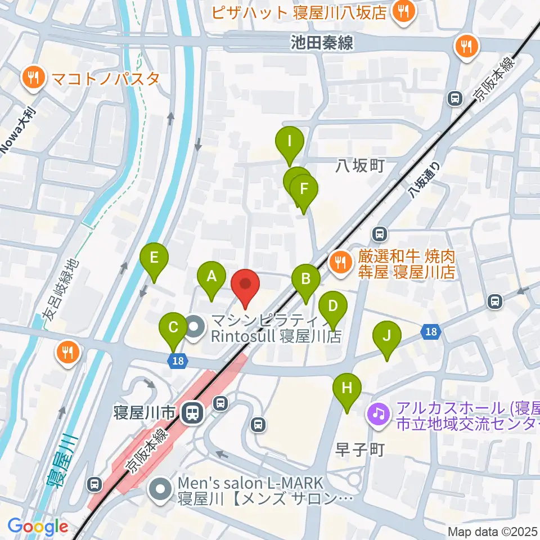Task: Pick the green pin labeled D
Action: tap(332, 307)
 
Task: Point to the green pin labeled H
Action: tap(347, 388)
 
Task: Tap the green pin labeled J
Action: tap(386, 336)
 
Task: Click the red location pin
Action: tap(245, 285)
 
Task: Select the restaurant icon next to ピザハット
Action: tap(403, 12)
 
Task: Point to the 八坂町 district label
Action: tap(360, 165)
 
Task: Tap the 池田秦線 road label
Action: tap(322, 42)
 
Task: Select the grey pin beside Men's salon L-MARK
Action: tap(161, 489)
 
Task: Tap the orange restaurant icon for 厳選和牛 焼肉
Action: tap(340, 262)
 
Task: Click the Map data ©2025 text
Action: tap(493, 532)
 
